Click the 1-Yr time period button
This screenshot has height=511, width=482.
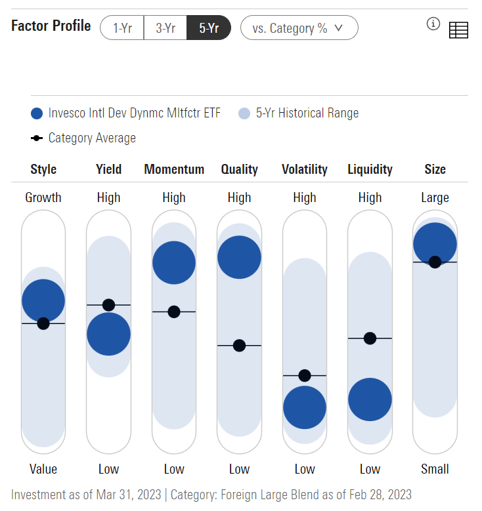point(123,28)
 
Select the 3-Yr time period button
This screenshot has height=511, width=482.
point(165,28)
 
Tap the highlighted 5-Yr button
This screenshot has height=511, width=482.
point(208,28)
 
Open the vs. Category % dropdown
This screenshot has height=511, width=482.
point(299,28)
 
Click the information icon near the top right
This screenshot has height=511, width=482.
point(433,24)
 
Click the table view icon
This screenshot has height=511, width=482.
point(458,30)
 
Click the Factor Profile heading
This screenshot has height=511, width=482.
point(51,26)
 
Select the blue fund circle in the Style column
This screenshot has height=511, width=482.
point(43,300)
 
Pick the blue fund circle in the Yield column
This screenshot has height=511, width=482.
point(108,334)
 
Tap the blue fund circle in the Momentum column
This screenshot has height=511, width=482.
point(174,262)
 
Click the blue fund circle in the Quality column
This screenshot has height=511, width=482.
point(239,257)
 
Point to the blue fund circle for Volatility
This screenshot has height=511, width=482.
point(305,407)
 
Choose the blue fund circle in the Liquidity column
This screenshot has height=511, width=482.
point(370,399)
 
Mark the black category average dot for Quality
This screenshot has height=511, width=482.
point(239,345)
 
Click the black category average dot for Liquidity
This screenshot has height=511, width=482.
point(370,338)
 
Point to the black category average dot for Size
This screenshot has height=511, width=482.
point(435,262)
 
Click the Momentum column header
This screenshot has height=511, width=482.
point(174,169)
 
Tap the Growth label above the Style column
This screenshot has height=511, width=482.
point(43,197)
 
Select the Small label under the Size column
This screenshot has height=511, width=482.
point(435,469)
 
